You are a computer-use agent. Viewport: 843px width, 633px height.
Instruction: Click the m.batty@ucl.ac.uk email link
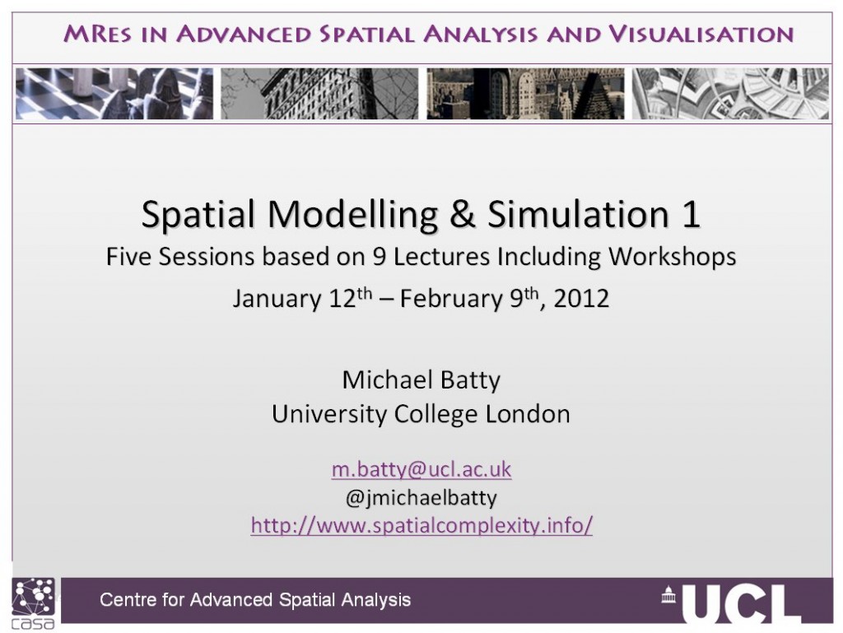tap(421, 469)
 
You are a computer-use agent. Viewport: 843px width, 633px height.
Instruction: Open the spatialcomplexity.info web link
tap(421, 525)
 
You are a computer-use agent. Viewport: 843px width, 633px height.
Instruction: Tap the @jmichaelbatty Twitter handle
tap(421, 497)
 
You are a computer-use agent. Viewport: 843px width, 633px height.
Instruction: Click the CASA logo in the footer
tap(33, 603)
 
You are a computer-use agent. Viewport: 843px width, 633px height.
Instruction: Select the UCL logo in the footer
tap(732, 603)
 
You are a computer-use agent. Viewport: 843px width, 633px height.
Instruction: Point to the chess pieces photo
tap(114, 94)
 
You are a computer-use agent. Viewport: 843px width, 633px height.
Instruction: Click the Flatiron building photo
tap(319, 94)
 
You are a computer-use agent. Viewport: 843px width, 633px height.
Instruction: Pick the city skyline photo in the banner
tap(525, 94)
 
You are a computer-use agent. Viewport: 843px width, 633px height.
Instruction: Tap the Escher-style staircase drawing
tap(731, 94)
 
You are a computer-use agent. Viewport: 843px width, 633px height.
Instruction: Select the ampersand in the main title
tap(463, 214)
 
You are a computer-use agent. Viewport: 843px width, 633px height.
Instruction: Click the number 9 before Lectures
tap(379, 257)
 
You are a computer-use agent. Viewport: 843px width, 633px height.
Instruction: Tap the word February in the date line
tap(452, 299)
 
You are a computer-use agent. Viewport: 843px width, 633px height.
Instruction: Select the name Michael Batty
tap(421, 380)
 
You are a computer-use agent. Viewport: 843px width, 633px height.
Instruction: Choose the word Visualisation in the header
tap(701, 35)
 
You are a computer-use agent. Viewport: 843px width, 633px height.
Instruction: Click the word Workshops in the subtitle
tap(672, 257)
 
